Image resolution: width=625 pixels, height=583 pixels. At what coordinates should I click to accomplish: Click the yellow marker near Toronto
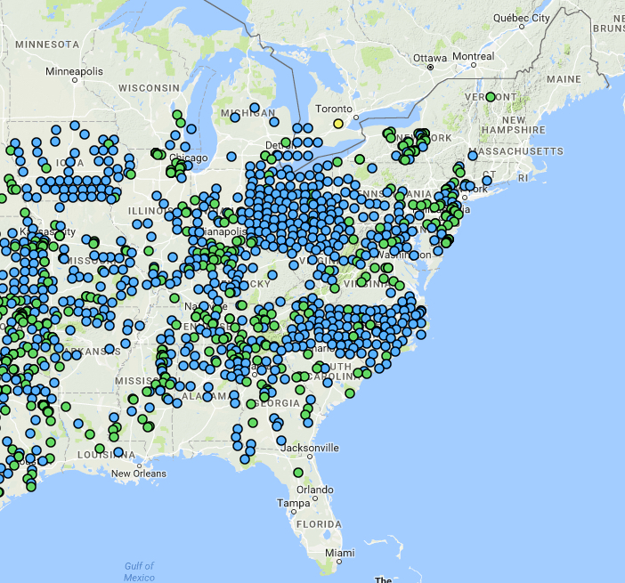click(337, 124)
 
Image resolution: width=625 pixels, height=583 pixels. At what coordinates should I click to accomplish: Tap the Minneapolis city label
click(75, 71)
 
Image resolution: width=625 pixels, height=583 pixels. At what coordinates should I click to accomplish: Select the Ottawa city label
click(432, 58)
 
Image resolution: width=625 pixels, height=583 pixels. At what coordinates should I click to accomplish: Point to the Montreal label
click(473, 57)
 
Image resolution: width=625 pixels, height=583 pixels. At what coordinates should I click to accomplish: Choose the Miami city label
click(338, 553)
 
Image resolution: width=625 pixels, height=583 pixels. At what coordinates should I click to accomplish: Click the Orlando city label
click(315, 490)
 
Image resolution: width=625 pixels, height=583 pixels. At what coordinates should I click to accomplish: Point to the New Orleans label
click(139, 474)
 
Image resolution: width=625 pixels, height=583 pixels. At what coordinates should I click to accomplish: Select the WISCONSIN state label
click(149, 88)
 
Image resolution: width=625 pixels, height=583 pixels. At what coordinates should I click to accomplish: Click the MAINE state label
click(563, 79)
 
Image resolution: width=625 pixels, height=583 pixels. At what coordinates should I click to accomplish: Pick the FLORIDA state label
click(320, 525)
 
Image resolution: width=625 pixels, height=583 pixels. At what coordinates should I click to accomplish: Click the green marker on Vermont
click(491, 97)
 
